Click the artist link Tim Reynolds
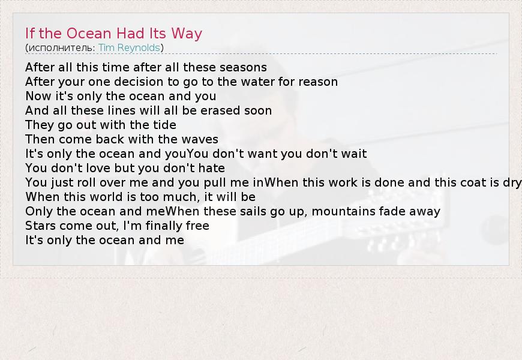129,48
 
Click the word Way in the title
187,34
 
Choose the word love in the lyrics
98,168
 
